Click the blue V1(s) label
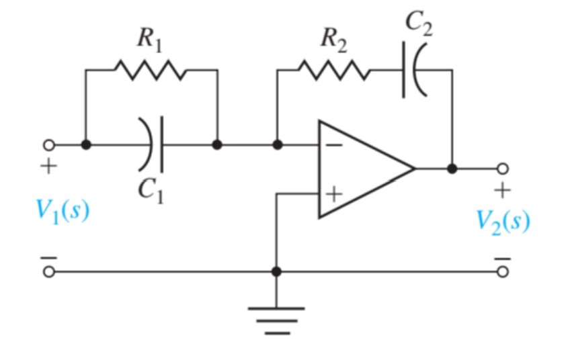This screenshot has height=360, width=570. [63, 212]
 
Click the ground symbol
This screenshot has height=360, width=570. [276, 318]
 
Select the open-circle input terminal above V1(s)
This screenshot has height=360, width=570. [48, 144]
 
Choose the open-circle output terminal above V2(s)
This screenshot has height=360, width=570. [501, 169]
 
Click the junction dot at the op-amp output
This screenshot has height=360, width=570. [452, 169]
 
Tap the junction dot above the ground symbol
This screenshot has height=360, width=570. [276, 271]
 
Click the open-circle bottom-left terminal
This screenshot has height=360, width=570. [48, 271]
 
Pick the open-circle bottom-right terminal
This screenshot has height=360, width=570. [501, 271]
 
